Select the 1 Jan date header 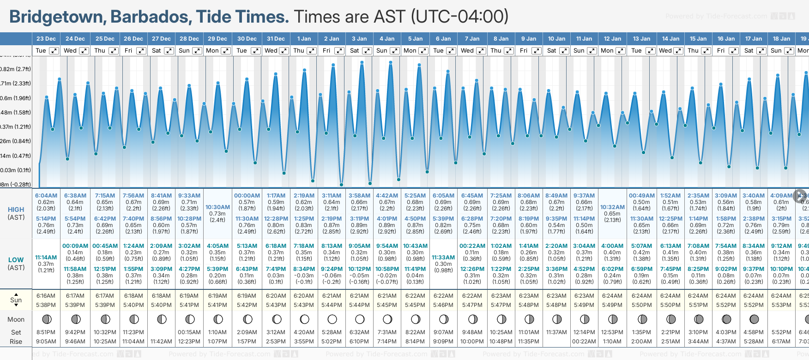(304, 39)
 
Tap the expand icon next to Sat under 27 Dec (169, 51)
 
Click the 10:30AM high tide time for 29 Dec (217, 207)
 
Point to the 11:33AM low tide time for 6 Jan (443, 258)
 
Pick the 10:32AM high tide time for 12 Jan (612, 207)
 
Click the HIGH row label (16, 210)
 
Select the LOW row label (16, 260)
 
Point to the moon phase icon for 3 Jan (360, 319)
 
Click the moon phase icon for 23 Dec (46, 319)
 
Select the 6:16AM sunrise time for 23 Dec (46, 296)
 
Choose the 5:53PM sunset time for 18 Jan (781, 305)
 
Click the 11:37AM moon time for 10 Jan (556, 332)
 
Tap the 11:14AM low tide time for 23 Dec (46, 258)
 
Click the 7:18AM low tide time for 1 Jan (304, 246)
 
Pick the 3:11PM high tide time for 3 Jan (359, 219)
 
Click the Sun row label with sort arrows (16, 300)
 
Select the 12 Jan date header (612, 39)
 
